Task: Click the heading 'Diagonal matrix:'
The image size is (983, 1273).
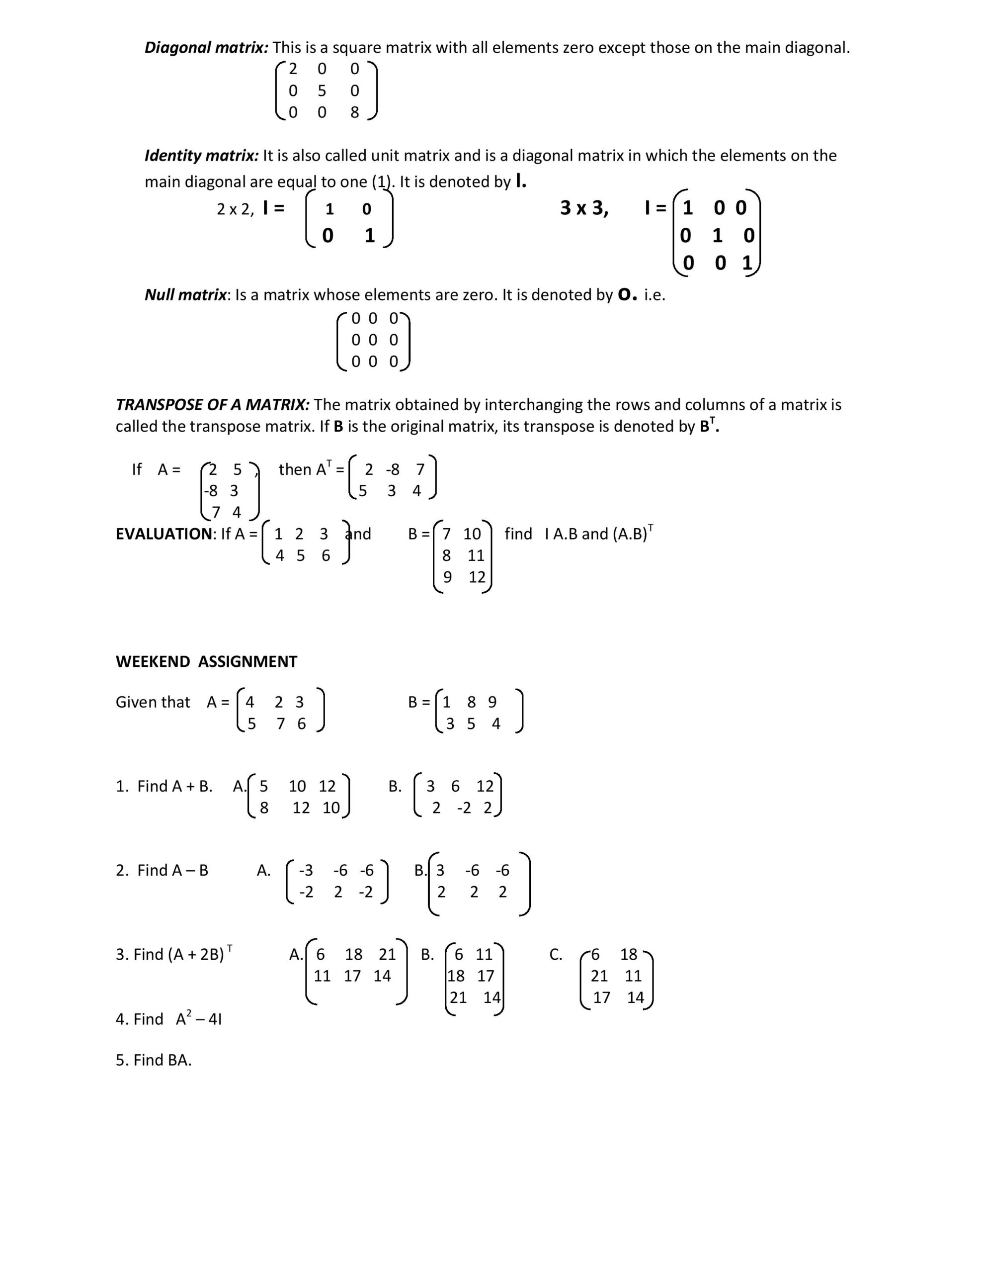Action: pyautogui.click(x=206, y=48)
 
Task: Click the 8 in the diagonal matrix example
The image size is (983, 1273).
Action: pyautogui.click(x=354, y=112)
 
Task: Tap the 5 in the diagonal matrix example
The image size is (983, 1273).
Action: pyautogui.click(x=322, y=91)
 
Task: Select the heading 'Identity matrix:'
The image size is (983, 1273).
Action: pyautogui.click(x=202, y=156)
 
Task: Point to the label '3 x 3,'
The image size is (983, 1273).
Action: pyautogui.click(x=584, y=208)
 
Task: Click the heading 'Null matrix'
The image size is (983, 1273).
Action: pyautogui.click(x=185, y=295)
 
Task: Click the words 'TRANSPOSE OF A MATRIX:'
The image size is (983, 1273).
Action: pyautogui.click(x=213, y=404)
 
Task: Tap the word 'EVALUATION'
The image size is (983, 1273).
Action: pyautogui.click(x=164, y=534)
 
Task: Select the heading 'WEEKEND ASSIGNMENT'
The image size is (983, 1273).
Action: pyautogui.click(x=206, y=661)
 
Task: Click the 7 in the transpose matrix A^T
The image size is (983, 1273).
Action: pyautogui.click(x=420, y=469)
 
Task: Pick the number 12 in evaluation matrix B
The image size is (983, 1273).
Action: pyautogui.click(x=477, y=577)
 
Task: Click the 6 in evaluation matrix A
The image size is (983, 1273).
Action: pyautogui.click(x=326, y=555)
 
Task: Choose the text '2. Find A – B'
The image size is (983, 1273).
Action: pyautogui.click(x=162, y=870)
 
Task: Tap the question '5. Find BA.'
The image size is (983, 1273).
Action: pyautogui.click(x=153, y=1060)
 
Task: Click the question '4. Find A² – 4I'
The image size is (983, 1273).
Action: pyautogui.click(x=168, y=1019)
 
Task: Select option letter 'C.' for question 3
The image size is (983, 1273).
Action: pyautogui.click(x=555, y=954)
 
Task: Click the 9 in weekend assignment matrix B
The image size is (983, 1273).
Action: pyautogui.click(x=492, y=702)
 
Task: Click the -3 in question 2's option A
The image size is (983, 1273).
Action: pyautogui.click(x=306, y=870)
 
